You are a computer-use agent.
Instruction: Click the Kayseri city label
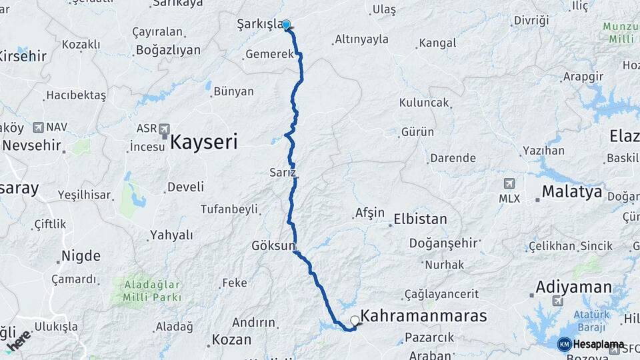(204, 141)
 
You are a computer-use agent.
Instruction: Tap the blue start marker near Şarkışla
(287, 25)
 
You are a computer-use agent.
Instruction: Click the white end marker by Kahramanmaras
(355, 321)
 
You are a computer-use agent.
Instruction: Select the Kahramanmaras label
(423, 315)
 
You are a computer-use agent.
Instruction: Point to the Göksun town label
(273, 245)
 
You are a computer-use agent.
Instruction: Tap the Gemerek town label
(269, 55)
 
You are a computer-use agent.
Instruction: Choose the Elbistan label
(420, 219)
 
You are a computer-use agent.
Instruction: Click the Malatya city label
(572, 192)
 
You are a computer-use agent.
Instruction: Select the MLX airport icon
(509, 183)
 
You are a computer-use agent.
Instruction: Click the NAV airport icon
(37, 126)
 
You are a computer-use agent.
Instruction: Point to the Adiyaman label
(573, 287)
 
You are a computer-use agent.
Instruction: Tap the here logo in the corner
(18, 340)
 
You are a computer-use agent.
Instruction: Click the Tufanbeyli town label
(229, 209)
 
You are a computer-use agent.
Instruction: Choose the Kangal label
(439, 43)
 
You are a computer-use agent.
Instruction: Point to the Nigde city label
(81, 256)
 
